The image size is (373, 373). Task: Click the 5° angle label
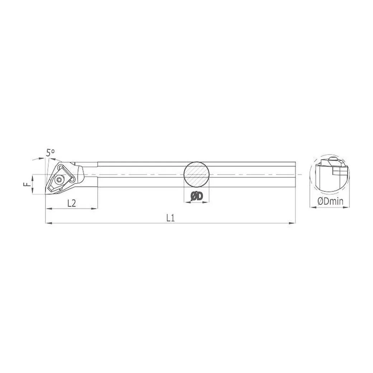50,152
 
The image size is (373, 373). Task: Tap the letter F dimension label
28,184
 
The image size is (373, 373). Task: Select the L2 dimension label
71,203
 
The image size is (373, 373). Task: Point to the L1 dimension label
170,218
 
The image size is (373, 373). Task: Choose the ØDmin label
331,201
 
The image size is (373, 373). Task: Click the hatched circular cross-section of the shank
197,175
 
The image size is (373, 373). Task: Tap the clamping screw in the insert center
58,180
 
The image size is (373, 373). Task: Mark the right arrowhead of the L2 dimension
94,209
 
